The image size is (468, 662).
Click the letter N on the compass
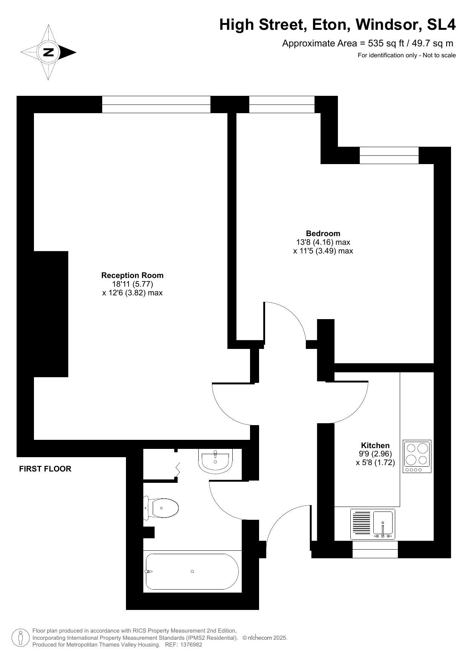tap(48, 52)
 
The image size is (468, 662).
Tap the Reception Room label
tap(132, 275)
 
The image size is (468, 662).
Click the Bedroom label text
tap(323, 233)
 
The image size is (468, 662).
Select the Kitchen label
tap(375, 445)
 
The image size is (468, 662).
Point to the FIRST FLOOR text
tap(45, 469)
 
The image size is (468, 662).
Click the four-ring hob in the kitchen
tap(417, 456)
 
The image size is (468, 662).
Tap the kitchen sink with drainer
tap(373, 524)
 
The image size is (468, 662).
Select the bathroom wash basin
tap(215, 460)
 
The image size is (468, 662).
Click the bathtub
tap(192, 571)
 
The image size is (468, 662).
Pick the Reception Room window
tap(156, 104)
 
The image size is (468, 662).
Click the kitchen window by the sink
tap(375, 550)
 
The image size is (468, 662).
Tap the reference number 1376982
tap(192, 645)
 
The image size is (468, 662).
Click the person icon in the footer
tap(21, 637)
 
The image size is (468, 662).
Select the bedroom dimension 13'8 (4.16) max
tap(323, 242)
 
